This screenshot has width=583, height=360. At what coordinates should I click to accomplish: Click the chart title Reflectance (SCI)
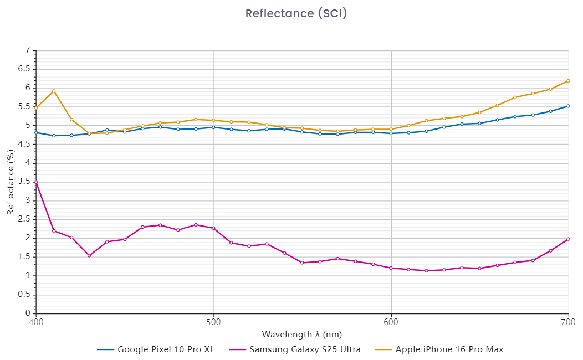point(296,13)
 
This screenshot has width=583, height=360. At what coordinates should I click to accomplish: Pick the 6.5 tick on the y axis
point(24,69)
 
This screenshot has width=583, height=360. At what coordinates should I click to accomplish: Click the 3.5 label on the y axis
point(24,182)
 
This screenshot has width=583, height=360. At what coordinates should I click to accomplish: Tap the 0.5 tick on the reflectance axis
point(24,295)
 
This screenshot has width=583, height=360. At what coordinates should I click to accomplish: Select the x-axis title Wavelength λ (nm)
point(302,335)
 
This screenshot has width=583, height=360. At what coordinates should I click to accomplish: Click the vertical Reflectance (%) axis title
point(11,182)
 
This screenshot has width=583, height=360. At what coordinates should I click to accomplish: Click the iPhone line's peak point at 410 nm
point(54,91)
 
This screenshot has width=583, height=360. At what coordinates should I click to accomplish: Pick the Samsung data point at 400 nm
point(36,182)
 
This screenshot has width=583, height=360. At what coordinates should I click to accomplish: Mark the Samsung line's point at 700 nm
point(569,239)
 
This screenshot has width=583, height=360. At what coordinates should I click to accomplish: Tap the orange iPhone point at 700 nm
point(569,81)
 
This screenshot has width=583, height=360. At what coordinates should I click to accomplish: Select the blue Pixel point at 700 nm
point(569,106)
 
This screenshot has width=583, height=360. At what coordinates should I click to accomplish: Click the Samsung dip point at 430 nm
point(89,255)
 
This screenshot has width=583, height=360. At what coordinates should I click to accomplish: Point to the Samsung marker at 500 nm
point(213,228)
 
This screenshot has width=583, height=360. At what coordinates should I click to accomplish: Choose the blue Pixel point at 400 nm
point(36,132)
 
